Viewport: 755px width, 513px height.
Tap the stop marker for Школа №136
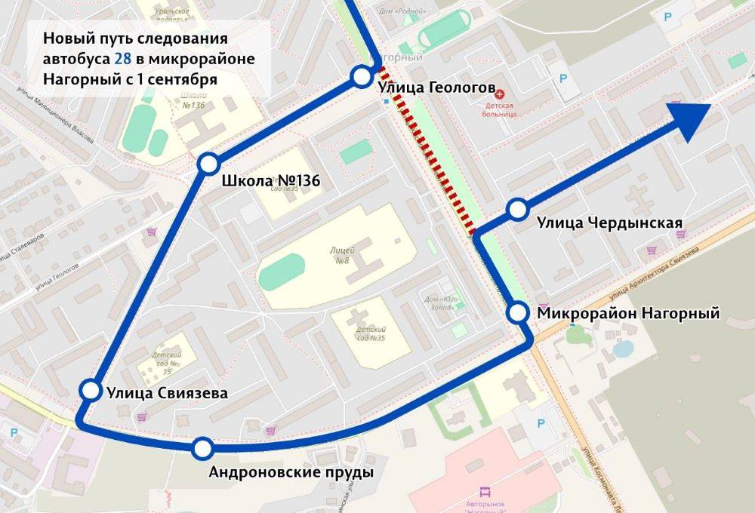tap(208, 164)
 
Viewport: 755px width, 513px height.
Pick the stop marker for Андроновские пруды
tap(202, 449)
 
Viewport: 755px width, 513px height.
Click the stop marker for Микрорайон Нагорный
tap(519, 312)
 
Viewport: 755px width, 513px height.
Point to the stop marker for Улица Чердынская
tap(517, 209)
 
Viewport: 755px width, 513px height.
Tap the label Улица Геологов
tap(426, 88)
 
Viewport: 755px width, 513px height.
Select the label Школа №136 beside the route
tap(271, 181)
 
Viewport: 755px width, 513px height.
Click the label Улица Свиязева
tap(167, 392)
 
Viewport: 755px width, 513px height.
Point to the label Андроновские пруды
tap(291, 473)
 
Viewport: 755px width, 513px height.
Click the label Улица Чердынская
tap(610, 223)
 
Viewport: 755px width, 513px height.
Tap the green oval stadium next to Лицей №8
tap(282, 271)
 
